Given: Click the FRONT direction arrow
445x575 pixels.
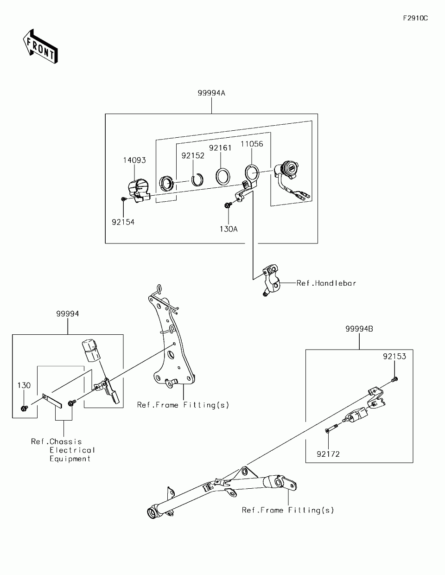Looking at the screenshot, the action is pyautogui.click(x=40, y=47).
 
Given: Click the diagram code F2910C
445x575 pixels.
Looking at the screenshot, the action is pyautogui.click(x=415, y=18).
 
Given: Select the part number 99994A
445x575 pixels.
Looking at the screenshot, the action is pyautogui.click(x=211, y=93).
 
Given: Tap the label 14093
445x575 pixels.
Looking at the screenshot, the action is pyautogui.click(x=134, y=160).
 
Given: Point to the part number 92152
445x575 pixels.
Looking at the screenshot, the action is pyautogui.click(x=193, y=156).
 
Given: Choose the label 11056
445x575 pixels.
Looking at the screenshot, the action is pyautogui.click(x=252, y=144).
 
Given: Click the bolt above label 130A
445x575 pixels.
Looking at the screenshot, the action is pyautogui.click(x=228, y=205).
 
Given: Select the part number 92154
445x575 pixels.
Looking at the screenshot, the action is pyautogui.click(x=123, y=222).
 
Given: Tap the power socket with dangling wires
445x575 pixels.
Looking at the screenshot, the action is pyautogui.click(x=292, y=180).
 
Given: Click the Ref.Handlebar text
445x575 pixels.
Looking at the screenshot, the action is pyautogui.click(x=326, y=283).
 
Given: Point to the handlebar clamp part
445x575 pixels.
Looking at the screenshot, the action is pyautogui.click(x=271, y=281).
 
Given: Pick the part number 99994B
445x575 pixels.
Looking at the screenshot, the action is pyautogui.click(x=359, y=329).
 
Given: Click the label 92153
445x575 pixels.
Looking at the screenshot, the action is pyautogui.click(x=394, y=357).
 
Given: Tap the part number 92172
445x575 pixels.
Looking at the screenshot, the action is pyautogui.click(x=328, y=454).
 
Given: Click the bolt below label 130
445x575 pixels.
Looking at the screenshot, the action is pyautogui.click(x=24, y=408).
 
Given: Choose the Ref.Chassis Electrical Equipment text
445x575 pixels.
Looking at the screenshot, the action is pyautogui.click(x=63, y=450).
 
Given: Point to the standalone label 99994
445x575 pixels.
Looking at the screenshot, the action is pyautogui.click(x=67, y=313).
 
